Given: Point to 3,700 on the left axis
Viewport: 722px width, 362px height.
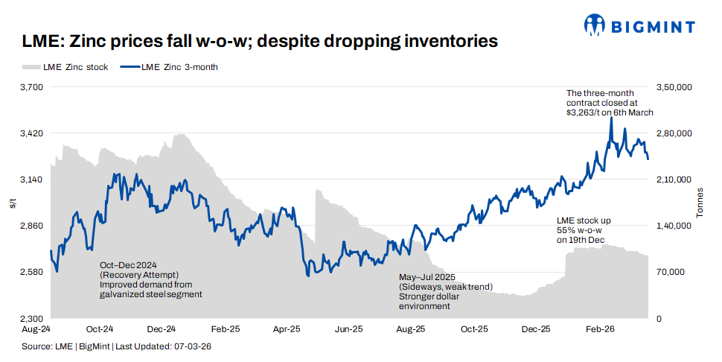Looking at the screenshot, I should pyautogui.click(x=33, y=87).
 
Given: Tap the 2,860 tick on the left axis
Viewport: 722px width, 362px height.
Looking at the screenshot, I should pyautogui.click(x=33, y=226).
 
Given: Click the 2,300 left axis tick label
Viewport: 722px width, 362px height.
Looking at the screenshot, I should pyautogui.click(x=33, y=319).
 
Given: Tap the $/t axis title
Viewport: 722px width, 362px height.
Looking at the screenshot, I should pyautogui.click(x=13, y=203).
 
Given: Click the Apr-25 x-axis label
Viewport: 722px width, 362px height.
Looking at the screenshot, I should pyautogui.click(x=287, y=328).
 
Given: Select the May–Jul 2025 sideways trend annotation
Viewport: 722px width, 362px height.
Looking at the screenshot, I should pyautogui.click(x=445, y=291).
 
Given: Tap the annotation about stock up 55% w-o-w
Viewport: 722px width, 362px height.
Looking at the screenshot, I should pyautogui.click(x=584, y=230).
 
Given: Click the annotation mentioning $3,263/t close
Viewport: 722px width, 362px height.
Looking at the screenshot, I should pyautogui.click(x=609, y=103).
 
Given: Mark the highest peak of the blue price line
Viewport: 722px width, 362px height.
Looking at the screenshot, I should pyautogui.click(x=611, y=118).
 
